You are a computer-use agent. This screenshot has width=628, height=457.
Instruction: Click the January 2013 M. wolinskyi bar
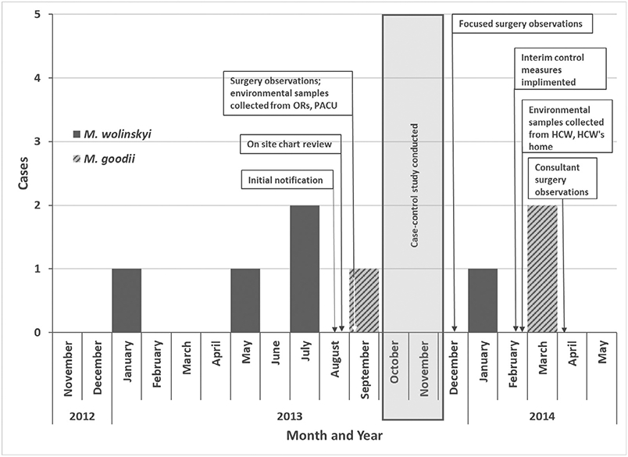127,300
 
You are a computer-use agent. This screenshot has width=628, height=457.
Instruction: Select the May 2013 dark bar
245,300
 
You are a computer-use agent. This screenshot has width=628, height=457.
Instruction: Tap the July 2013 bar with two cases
305,268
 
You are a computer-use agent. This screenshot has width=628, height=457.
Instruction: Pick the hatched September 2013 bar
364,300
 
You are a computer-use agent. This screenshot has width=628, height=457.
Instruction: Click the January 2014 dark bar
483,300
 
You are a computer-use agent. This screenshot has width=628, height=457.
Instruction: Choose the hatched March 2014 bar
542,268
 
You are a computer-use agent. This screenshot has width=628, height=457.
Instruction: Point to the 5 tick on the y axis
39,14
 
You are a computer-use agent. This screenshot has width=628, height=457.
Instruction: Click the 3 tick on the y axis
39,141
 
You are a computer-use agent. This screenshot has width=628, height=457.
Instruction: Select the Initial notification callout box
285,180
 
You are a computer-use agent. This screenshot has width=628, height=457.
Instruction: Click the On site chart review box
290,144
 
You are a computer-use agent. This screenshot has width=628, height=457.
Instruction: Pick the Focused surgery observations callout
521,24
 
